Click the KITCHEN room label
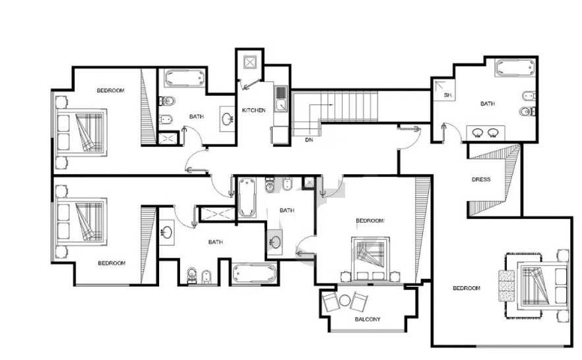pos(254,110)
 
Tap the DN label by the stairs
pos(309,140)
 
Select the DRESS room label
pos(481,179)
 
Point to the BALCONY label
pos(368,319)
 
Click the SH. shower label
pos(448,96)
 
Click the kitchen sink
pos(281,99)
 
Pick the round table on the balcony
pos(344,300)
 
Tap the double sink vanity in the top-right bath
pos(486,133)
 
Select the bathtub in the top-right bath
pos(515,68)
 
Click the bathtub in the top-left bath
pos(185,78)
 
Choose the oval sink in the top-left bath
pos(227,119)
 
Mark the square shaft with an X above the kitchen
pos(250,62)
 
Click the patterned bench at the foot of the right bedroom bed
pos(507,285)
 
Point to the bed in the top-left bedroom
pos(82,133)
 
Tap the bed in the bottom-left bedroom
pos(82,222)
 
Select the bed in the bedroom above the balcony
pos(370,258)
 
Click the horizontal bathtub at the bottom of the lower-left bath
pos(255,274)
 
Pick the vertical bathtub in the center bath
pos(247,197)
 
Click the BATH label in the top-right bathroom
pos(488,104)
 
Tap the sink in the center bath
pos(275,243)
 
